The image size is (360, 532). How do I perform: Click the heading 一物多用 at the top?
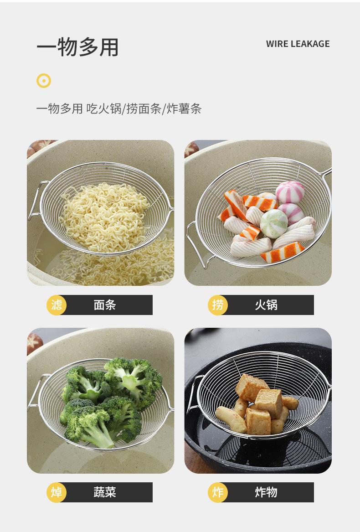coord(77,47)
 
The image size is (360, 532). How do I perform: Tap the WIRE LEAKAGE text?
coord(298,44)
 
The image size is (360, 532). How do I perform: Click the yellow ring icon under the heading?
coord(44,81)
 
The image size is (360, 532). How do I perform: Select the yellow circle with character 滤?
coord(57,305)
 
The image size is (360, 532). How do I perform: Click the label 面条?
coord(105,305)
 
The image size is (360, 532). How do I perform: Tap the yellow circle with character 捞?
coord(218,305)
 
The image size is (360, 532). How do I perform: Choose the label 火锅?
coord(266,305)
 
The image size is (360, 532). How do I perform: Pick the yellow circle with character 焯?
coord(57,492)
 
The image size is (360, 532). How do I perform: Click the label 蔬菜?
coord(105,492)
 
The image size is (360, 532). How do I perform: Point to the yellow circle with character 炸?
coord(218,492)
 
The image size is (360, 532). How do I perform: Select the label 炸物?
coord(266,492)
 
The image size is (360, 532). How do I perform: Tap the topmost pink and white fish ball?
coord(290,192)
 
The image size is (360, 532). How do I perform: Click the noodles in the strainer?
coord(105,210)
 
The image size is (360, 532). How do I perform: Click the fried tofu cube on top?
coord(251,386)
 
